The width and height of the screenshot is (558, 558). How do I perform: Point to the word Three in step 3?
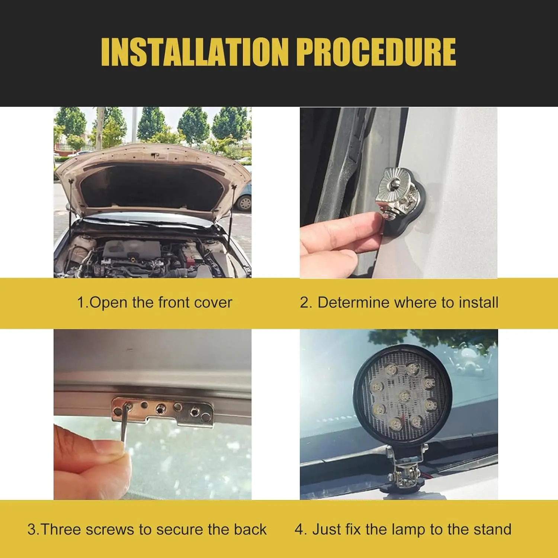click(x=62, y=529)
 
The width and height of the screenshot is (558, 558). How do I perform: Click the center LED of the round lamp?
click(x=405, y=395)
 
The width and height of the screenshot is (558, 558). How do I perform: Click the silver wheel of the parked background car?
click(x=245, y=203)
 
